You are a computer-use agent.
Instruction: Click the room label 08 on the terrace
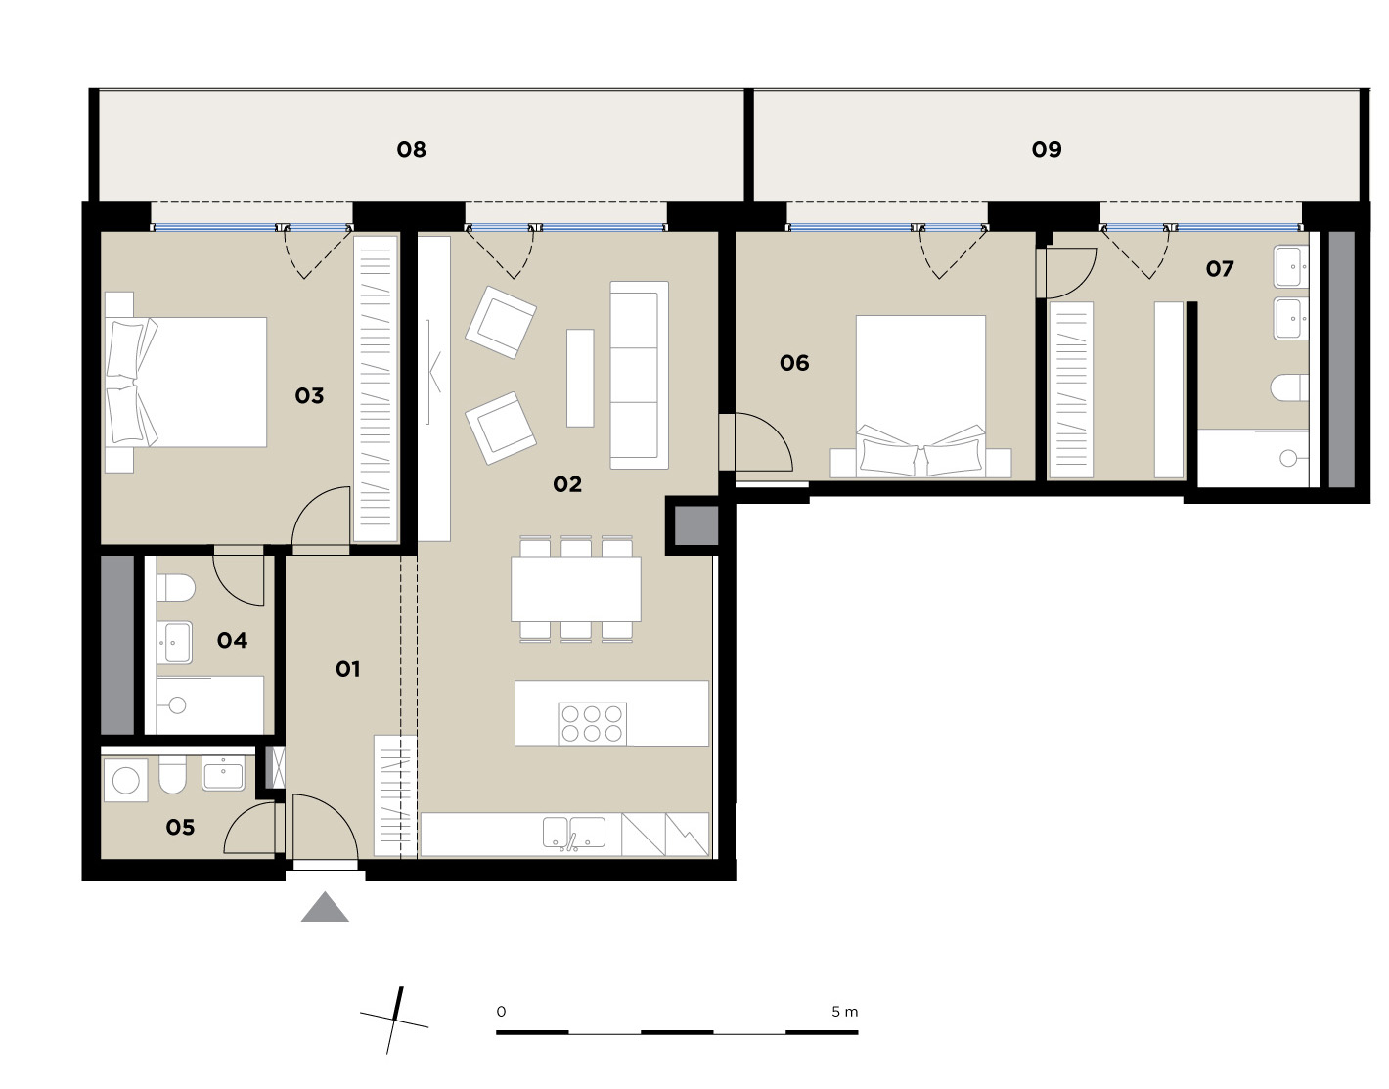[411, 150]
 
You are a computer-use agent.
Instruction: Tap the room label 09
[1047, 150]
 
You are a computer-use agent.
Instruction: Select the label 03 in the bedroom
[309, 396]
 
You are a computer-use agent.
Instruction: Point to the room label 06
[794, 364]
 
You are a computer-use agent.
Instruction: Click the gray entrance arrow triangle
[325, 908]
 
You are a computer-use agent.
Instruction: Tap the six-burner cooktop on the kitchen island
[592, 724]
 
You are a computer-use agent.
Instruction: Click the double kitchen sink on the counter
[574, 834]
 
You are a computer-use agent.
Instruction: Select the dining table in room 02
[576, 589]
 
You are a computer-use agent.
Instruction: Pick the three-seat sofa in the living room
[639, 375]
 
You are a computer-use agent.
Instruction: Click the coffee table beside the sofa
[580, 378]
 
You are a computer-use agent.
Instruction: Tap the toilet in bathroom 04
[176, 587]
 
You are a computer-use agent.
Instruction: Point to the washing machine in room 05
[126, 781]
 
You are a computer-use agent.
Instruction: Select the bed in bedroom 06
[920, 396]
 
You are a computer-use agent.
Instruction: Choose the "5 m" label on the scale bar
[844, 1012]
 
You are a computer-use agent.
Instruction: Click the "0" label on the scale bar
[501, 1012]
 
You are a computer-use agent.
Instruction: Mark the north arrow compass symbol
[394, 1021]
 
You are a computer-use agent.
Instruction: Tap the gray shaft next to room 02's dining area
[696, 525]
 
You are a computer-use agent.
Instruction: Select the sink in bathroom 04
[174, 642]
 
